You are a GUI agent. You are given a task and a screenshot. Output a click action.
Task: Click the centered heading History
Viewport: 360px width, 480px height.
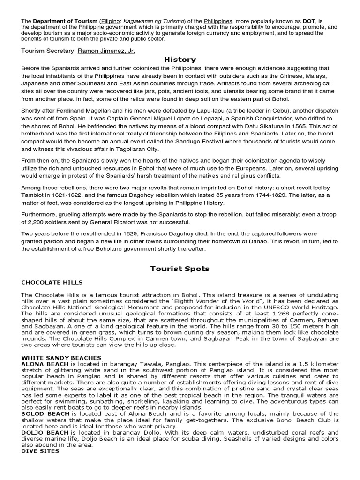coord(180,60)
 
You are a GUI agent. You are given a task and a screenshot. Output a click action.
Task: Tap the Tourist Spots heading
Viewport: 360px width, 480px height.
coord(180,269)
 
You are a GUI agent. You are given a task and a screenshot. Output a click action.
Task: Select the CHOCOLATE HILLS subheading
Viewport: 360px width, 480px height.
coord(52,283)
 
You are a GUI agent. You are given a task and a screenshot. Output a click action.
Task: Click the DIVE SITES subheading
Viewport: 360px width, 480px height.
coord(40,451)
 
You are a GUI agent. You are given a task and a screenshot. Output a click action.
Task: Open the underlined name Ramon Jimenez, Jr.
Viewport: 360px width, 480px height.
coord(109,51)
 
